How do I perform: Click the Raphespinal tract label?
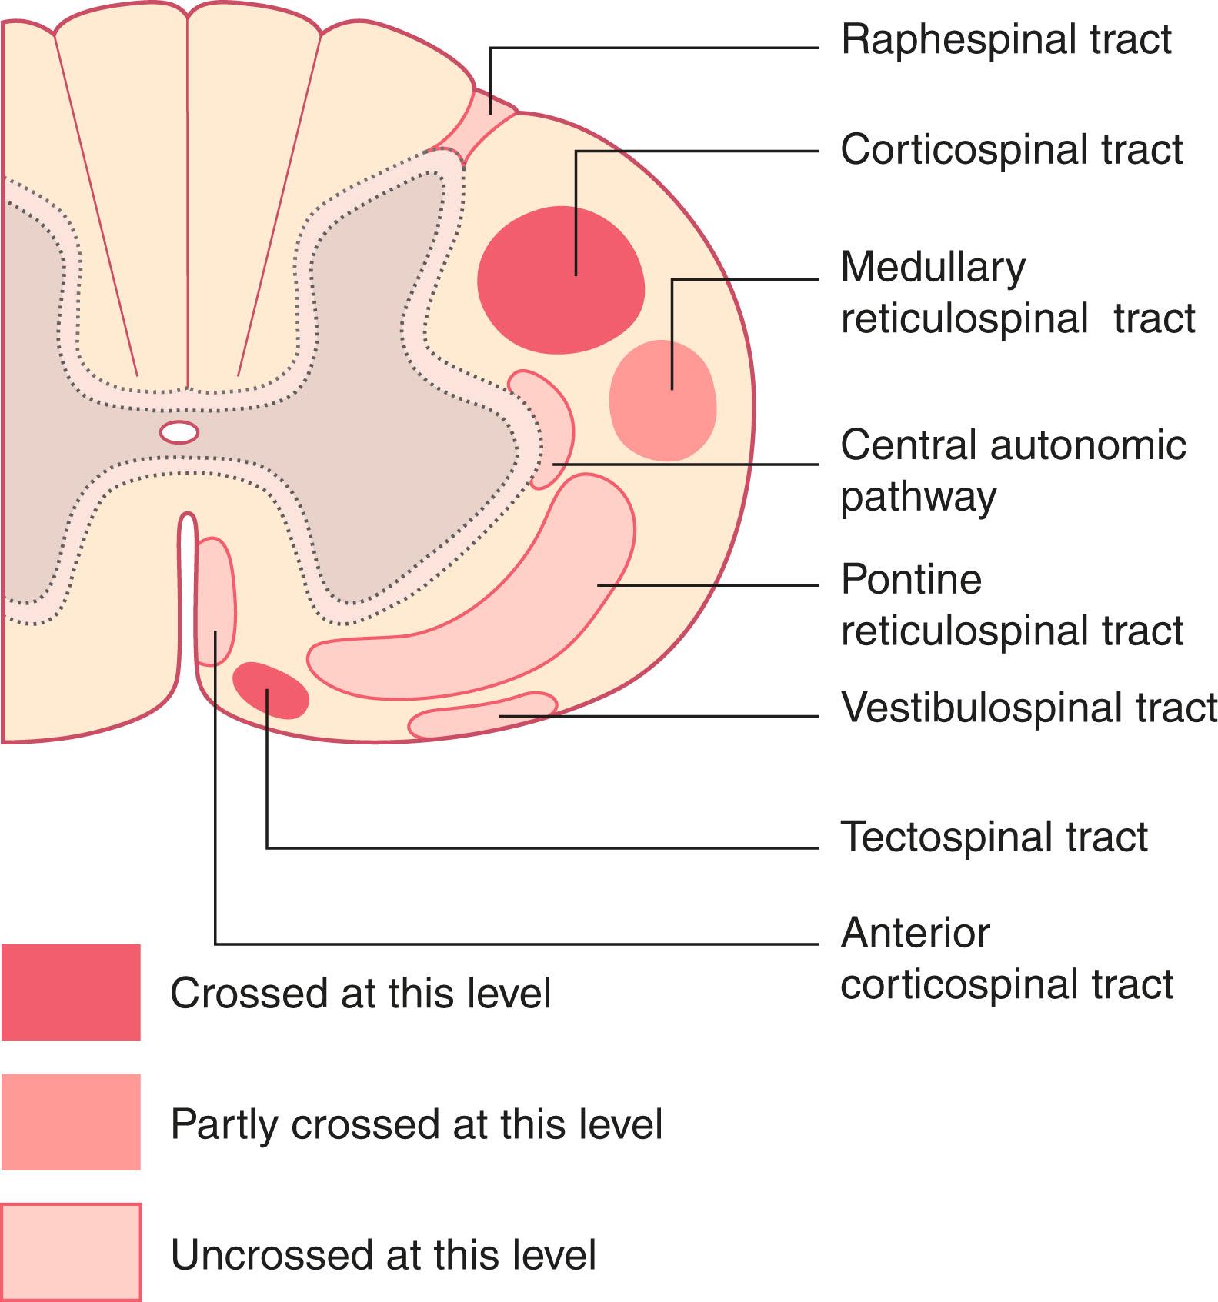(x=1006, y=39)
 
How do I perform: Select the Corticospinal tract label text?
(x=1011, y=149)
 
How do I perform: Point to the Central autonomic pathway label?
(x=1013, y=470)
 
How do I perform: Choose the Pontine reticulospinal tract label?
(x=1011, y=604)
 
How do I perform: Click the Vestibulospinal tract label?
(x=1029, y=707)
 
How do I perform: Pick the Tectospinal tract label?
(x=993, y=836)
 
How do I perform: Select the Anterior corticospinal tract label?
(x=1006, y=958)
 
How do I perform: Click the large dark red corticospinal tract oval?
(x=561, y=279)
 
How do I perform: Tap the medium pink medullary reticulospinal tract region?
(x=662, y=401)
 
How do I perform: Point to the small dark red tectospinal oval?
(x=271, y=691)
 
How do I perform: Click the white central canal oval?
(x=179, y=432)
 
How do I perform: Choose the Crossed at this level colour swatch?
(x=71, y=992)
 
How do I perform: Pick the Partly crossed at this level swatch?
(x=71, y=1122)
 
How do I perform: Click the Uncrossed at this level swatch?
(x=71, y=1252)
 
